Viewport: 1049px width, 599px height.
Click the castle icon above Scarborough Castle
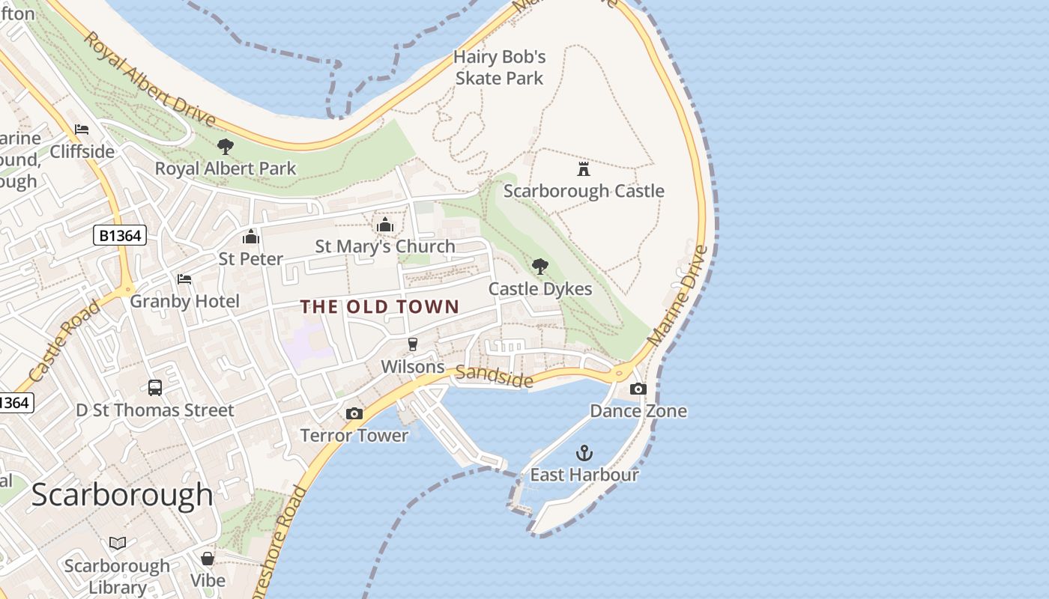(x=584, y=168)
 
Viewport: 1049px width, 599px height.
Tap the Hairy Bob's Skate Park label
(x=500, y=67)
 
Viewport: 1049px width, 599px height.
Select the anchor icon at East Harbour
(x=584, y=453)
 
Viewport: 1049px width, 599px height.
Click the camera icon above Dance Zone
(x=638, y=389)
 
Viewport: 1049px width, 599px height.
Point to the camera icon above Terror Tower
(x=354, y=413)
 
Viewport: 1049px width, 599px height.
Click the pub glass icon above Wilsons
(x=412, y=344)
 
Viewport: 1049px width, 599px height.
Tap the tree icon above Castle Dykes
(x=539, y=267)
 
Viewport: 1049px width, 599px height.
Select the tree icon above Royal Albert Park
(x=225, y=146)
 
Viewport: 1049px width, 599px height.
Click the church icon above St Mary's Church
(x=385, y=225)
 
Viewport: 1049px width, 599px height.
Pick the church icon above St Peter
(x=250, y=237)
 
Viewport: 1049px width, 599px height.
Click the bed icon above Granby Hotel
(x=184, y=279)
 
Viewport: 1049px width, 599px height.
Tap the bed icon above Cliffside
(x=82, y=130)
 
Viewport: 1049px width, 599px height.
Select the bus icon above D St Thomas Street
(x=155, y=388)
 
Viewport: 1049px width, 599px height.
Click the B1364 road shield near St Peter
(x=120, y=236)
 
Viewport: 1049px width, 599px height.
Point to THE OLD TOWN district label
(x=380, y=306)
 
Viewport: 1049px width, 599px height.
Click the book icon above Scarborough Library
(x=118, y=543)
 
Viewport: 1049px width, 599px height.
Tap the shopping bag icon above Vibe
(x=208, y=559)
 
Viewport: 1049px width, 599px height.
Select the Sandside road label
(x=495, y=376)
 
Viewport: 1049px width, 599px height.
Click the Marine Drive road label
(x=677, y=296)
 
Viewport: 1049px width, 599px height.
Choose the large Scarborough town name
(x=122, y=495)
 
